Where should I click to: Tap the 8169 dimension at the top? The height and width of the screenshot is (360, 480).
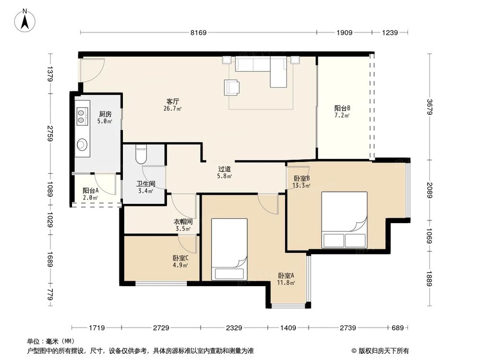(198, 33)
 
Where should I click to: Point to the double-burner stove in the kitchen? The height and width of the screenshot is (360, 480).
(82, 114)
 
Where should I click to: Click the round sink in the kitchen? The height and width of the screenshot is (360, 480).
(82, 144)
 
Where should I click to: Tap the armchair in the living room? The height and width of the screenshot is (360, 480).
(232, 86)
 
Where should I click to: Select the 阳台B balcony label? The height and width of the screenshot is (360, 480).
(342, 111)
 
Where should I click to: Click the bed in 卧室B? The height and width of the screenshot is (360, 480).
(344, 219)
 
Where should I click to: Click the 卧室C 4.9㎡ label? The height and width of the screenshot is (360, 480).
(180, 261)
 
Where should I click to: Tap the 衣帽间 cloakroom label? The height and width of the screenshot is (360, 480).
(183, 225)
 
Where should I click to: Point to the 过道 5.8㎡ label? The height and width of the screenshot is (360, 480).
(225, 172)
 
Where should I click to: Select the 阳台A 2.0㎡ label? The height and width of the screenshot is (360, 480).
(90, 193)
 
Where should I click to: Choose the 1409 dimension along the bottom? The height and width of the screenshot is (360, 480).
(288, 328)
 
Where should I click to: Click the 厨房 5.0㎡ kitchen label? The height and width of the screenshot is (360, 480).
(105, 118)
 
